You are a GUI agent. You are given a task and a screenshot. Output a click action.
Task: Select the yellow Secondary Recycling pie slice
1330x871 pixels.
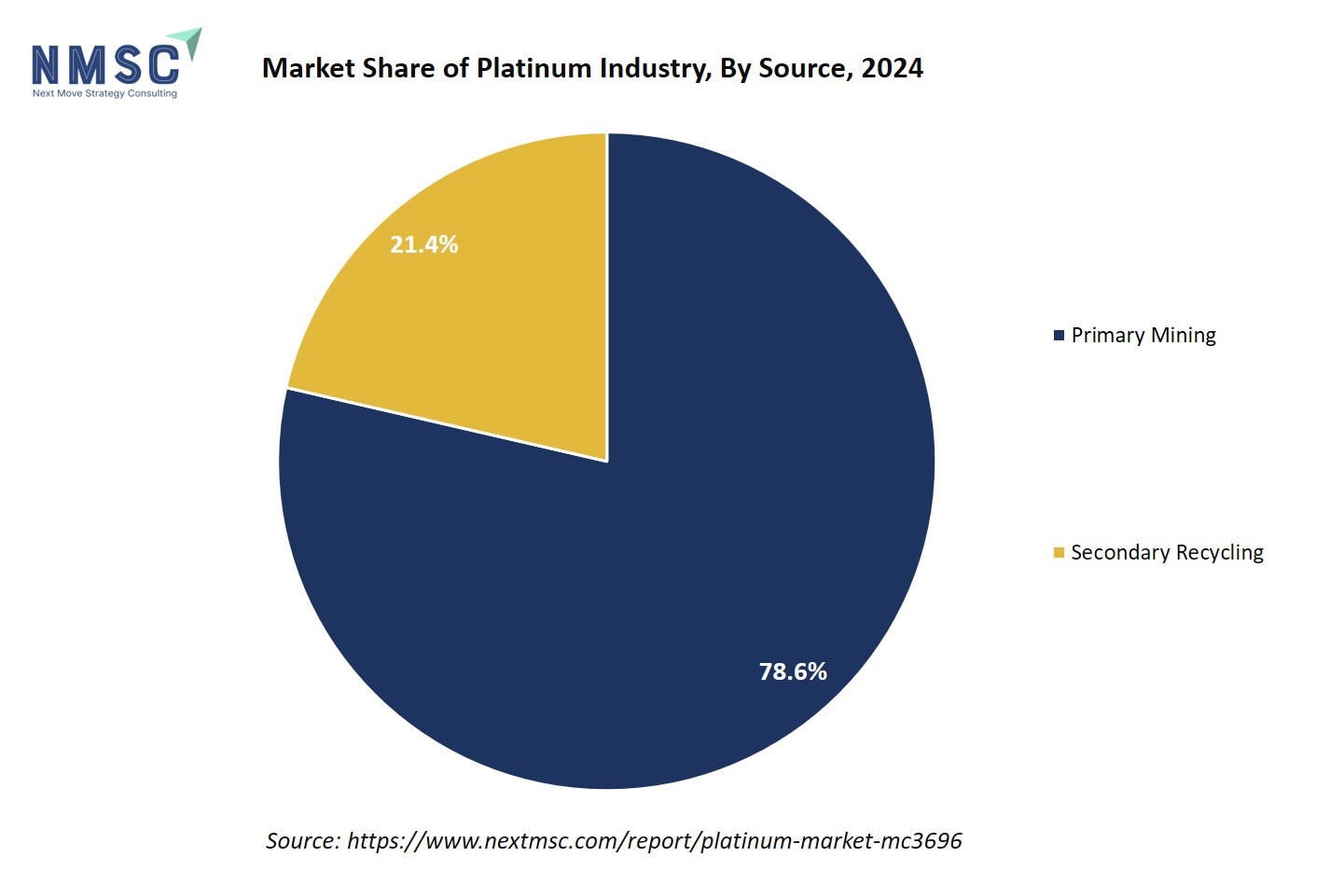485,308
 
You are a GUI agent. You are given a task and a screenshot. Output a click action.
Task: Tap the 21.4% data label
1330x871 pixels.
423,244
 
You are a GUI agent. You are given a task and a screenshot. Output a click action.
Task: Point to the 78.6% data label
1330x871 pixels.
793,671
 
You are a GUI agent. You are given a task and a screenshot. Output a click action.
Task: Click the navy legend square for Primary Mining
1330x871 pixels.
1059,336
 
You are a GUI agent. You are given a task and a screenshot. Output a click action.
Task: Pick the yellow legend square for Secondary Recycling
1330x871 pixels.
1059,553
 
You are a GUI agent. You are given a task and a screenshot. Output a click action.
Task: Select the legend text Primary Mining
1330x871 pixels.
1143,336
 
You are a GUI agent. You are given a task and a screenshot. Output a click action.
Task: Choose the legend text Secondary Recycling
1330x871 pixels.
1167,552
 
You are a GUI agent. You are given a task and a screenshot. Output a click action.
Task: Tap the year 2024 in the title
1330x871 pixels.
893,68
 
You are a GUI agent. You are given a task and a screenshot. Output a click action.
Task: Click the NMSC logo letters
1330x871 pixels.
105,64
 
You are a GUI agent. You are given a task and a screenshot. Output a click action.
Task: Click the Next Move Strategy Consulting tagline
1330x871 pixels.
104,93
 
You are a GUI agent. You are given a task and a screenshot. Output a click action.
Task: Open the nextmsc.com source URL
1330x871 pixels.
654,841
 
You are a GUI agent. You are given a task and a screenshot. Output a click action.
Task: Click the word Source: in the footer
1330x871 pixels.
303,841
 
